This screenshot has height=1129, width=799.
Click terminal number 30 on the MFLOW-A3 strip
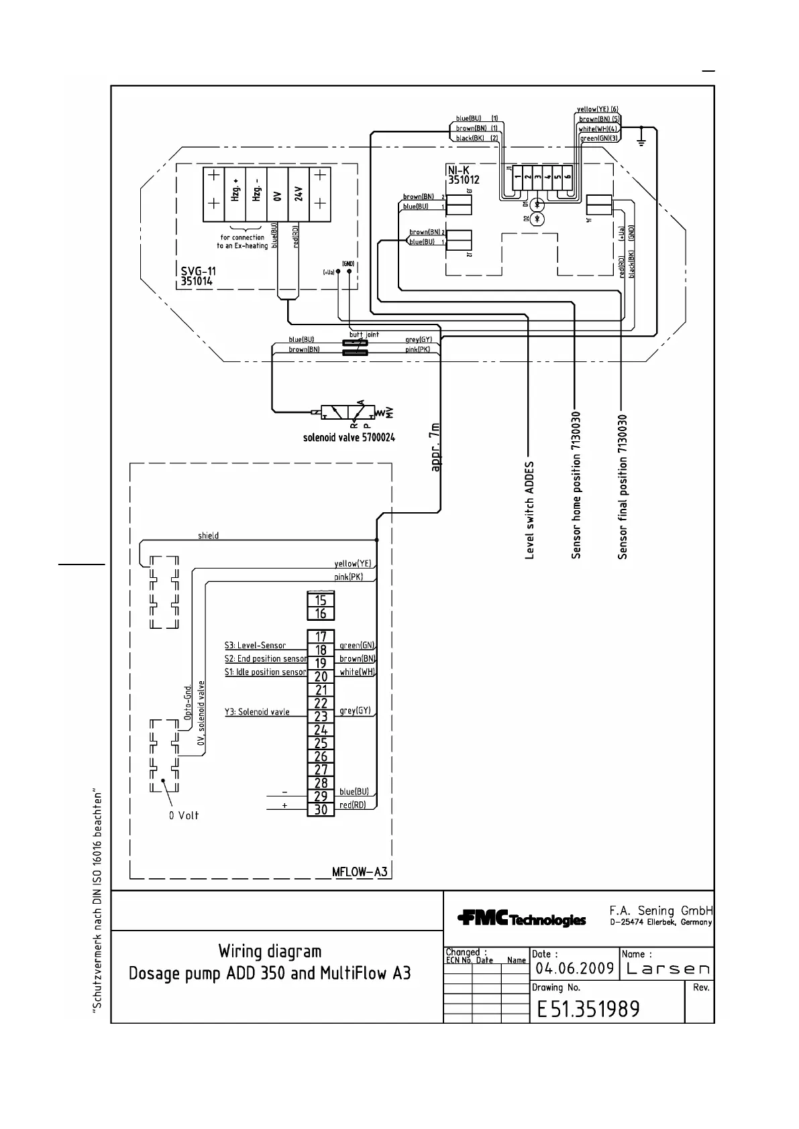click(321, 809)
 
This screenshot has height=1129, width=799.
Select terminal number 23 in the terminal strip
click(321, 716)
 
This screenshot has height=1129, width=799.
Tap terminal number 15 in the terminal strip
click(321, 600)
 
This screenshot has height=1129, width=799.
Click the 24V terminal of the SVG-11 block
click(299, 194)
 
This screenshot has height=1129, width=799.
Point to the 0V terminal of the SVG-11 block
click(277, 194)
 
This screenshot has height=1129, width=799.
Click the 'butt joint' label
click(364, 334)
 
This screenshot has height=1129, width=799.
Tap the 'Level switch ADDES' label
click(530, 510)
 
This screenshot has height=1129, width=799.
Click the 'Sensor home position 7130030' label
click(576, 486)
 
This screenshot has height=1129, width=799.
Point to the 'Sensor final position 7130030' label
click(623, 486)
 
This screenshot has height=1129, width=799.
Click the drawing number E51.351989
click(588, 1009)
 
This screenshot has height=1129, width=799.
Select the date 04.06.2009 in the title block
click(575, 969)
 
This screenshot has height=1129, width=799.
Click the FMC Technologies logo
click(521, 919)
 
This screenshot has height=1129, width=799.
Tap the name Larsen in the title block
click(667, 969)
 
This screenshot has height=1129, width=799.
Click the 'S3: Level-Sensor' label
click(255, 646)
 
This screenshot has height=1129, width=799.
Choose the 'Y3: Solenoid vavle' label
click(257, 711)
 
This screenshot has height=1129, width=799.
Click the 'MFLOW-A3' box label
click(360, 872)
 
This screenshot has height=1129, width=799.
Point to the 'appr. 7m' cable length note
click(436, 447)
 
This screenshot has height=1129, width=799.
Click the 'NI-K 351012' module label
click(463, 176)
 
